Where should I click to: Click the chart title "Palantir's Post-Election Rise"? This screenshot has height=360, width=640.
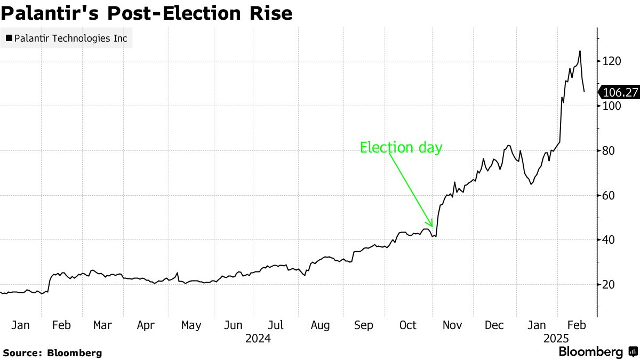click(x=146, y=13)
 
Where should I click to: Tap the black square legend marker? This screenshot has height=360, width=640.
click(x=9, y=38)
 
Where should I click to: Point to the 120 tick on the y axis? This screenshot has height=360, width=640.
click(x=612, y=61)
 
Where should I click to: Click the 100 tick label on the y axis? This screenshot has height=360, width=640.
click(x=612, y=106)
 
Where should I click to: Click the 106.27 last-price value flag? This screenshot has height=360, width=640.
click(x=620, y=92)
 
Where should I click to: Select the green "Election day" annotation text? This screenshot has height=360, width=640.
click(x=401, y=147)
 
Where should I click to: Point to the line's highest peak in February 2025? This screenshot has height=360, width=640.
click(x=580, y=51)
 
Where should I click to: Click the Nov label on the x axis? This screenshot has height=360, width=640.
click(x=452, y=325)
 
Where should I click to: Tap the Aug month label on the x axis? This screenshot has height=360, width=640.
click(x=320, y=325)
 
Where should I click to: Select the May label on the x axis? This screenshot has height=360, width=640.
click(x=191, y=325)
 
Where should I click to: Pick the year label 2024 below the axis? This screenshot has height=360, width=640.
click(x=258, y=338)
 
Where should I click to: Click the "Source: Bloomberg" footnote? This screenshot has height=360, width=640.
click(x=52, y=353)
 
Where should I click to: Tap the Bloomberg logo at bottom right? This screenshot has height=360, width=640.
click(x=598, y=352)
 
